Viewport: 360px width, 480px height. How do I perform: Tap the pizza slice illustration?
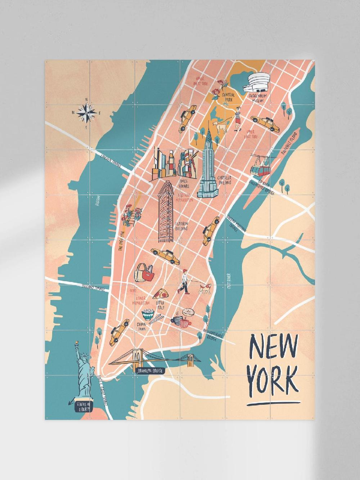pyautogui.click(x=158, y=295)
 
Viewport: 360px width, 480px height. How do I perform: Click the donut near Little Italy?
pyautogui.click(x=188, y=313)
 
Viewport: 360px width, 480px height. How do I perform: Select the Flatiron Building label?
pyautogui.click(x=182, y=226)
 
